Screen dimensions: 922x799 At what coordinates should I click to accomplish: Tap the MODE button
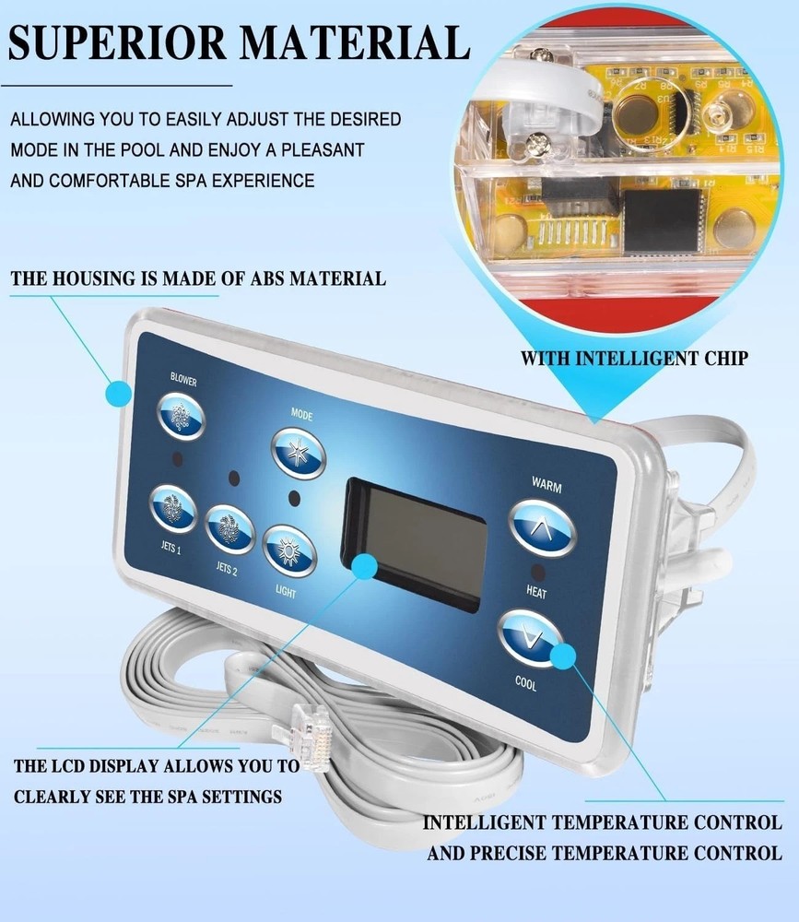pyautogui.click(x=299, y=452)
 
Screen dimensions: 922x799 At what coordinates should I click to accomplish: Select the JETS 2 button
pyautogui.click(x=230, y=529)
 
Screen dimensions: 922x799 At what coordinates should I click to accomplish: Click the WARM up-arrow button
pyautogui.click(x=543, y=526)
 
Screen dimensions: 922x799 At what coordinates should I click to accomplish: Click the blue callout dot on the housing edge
pyautogui.click(x=118, y=395)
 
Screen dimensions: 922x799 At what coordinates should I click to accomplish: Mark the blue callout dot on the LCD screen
pyautogui.click(x=365, y=565)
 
